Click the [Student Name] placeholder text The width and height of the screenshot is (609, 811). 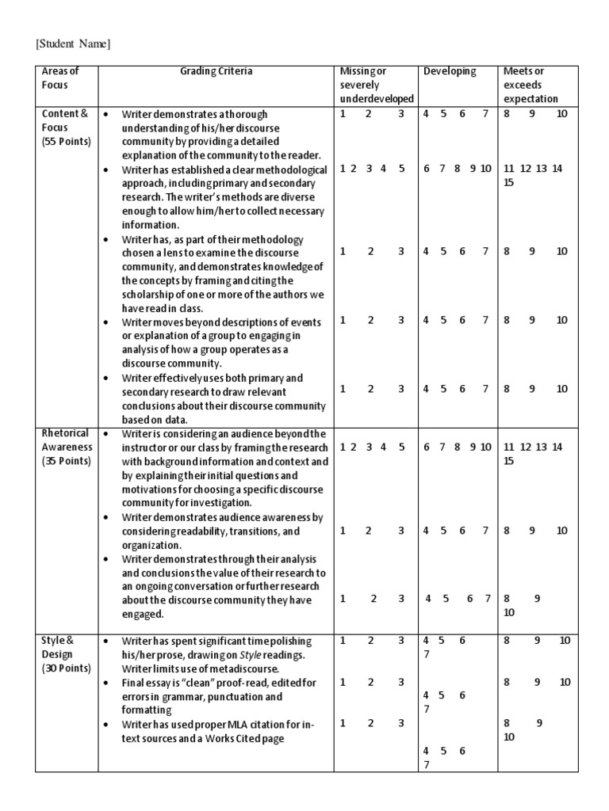73,44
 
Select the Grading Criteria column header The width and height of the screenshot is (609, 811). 216,71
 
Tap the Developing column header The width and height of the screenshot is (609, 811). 450,71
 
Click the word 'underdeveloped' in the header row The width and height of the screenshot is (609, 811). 377,99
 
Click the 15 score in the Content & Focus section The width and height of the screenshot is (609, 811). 509,183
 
